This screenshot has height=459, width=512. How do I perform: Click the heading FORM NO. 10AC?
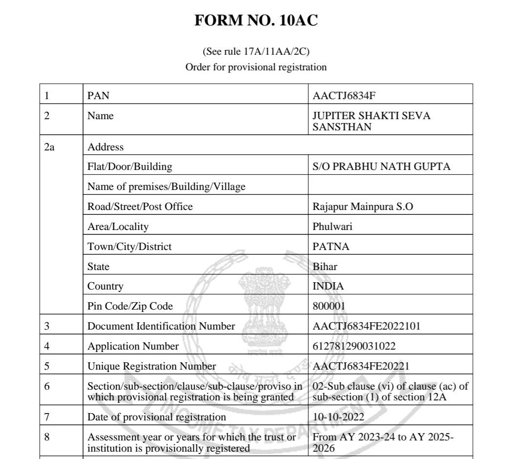coord(256,21)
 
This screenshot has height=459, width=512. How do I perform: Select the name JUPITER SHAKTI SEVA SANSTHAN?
coord(371,121)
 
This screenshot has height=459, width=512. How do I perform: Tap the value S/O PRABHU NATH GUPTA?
coord(381,167)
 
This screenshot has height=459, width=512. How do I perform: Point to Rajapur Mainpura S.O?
coord(363,207)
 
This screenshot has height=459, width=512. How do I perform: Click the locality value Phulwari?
coord(332,227)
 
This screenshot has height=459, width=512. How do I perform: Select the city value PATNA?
coord(331,247)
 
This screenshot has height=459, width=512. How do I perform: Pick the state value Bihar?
coord(324,267)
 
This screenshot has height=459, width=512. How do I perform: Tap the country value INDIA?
coord(328,286)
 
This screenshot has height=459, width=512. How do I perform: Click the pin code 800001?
coord(329,307)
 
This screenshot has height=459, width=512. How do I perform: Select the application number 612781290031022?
coord(354,346)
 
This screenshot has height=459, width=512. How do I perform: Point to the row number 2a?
coord(49,147)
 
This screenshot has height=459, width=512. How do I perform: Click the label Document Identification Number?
coord(161,326)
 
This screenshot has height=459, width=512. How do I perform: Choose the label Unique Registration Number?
coord(151,366)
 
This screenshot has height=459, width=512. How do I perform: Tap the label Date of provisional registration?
coord(157,417)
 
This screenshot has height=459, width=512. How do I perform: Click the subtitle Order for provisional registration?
coord(256,67)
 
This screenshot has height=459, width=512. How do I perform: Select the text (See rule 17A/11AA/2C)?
coord(256,51)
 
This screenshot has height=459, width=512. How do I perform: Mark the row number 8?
coord(47,437)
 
